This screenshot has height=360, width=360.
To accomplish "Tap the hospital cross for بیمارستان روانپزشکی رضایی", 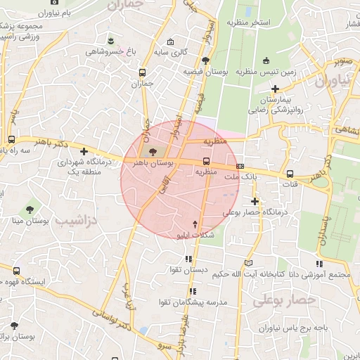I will click(x=275, y=89).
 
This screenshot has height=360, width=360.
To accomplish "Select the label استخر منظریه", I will click(x=248, y=22).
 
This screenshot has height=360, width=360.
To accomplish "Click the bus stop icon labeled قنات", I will click(x=290, y=174).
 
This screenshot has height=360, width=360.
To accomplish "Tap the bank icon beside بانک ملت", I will click(x=241, y=167).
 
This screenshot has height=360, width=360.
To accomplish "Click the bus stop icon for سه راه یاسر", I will click(x=12, y=140).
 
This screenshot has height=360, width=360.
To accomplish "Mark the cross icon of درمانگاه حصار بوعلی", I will click(x=255, y=202).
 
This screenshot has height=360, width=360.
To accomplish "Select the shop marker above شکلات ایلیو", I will click(x=195, y=222).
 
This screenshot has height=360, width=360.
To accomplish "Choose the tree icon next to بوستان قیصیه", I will click(x=205, y=60).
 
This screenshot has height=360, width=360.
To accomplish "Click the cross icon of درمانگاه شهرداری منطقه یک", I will click(x=84, y=151).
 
